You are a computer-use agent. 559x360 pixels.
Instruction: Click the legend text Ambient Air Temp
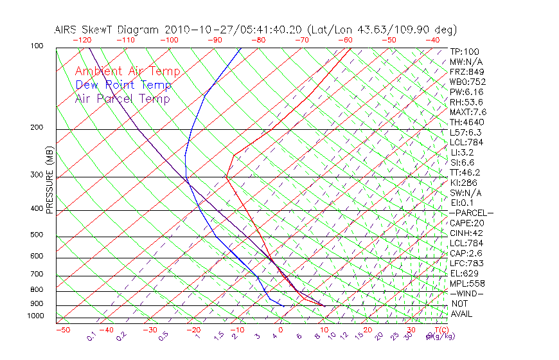click(x=127, y=71)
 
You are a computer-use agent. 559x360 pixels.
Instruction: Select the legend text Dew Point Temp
click(x=123, y=85)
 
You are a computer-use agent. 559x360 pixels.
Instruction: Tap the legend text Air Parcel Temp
click(x=122, y=98)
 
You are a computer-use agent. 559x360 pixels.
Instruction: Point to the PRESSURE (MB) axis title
click(x=49, y=180)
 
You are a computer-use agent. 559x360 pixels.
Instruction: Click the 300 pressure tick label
click(x=37, y=175)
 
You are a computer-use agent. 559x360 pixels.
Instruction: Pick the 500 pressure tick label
click(x=37, y=235)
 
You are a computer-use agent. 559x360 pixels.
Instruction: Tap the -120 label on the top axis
click(x=82, y=40)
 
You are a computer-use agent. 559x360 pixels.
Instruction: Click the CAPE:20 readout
click(x=466, y=222)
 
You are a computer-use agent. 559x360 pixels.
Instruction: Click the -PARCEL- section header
click(x=471, y=213)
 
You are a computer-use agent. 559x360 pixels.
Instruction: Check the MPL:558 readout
click(x=466, y=283)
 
